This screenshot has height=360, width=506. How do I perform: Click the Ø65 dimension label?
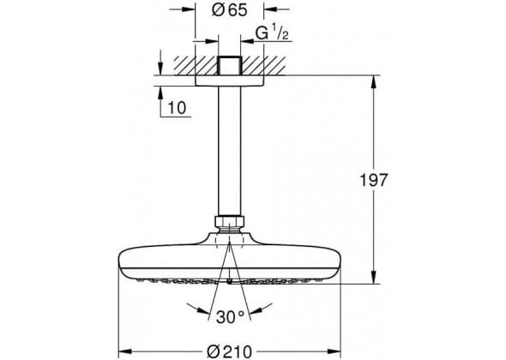point(230,10)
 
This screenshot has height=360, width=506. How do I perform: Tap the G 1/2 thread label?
point(272,33)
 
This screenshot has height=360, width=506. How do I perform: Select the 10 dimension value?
point(178,108)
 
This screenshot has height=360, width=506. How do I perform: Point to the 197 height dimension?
point(373,180)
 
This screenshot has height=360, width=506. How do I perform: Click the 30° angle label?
point(231,317)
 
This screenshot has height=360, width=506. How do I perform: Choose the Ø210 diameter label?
point(229,351)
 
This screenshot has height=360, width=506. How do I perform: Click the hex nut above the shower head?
point(230,222)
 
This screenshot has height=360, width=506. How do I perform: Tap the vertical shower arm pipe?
point(230,151)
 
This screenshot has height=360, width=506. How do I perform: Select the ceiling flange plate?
point(230,81)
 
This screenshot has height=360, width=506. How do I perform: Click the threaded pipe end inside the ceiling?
point(230,66)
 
